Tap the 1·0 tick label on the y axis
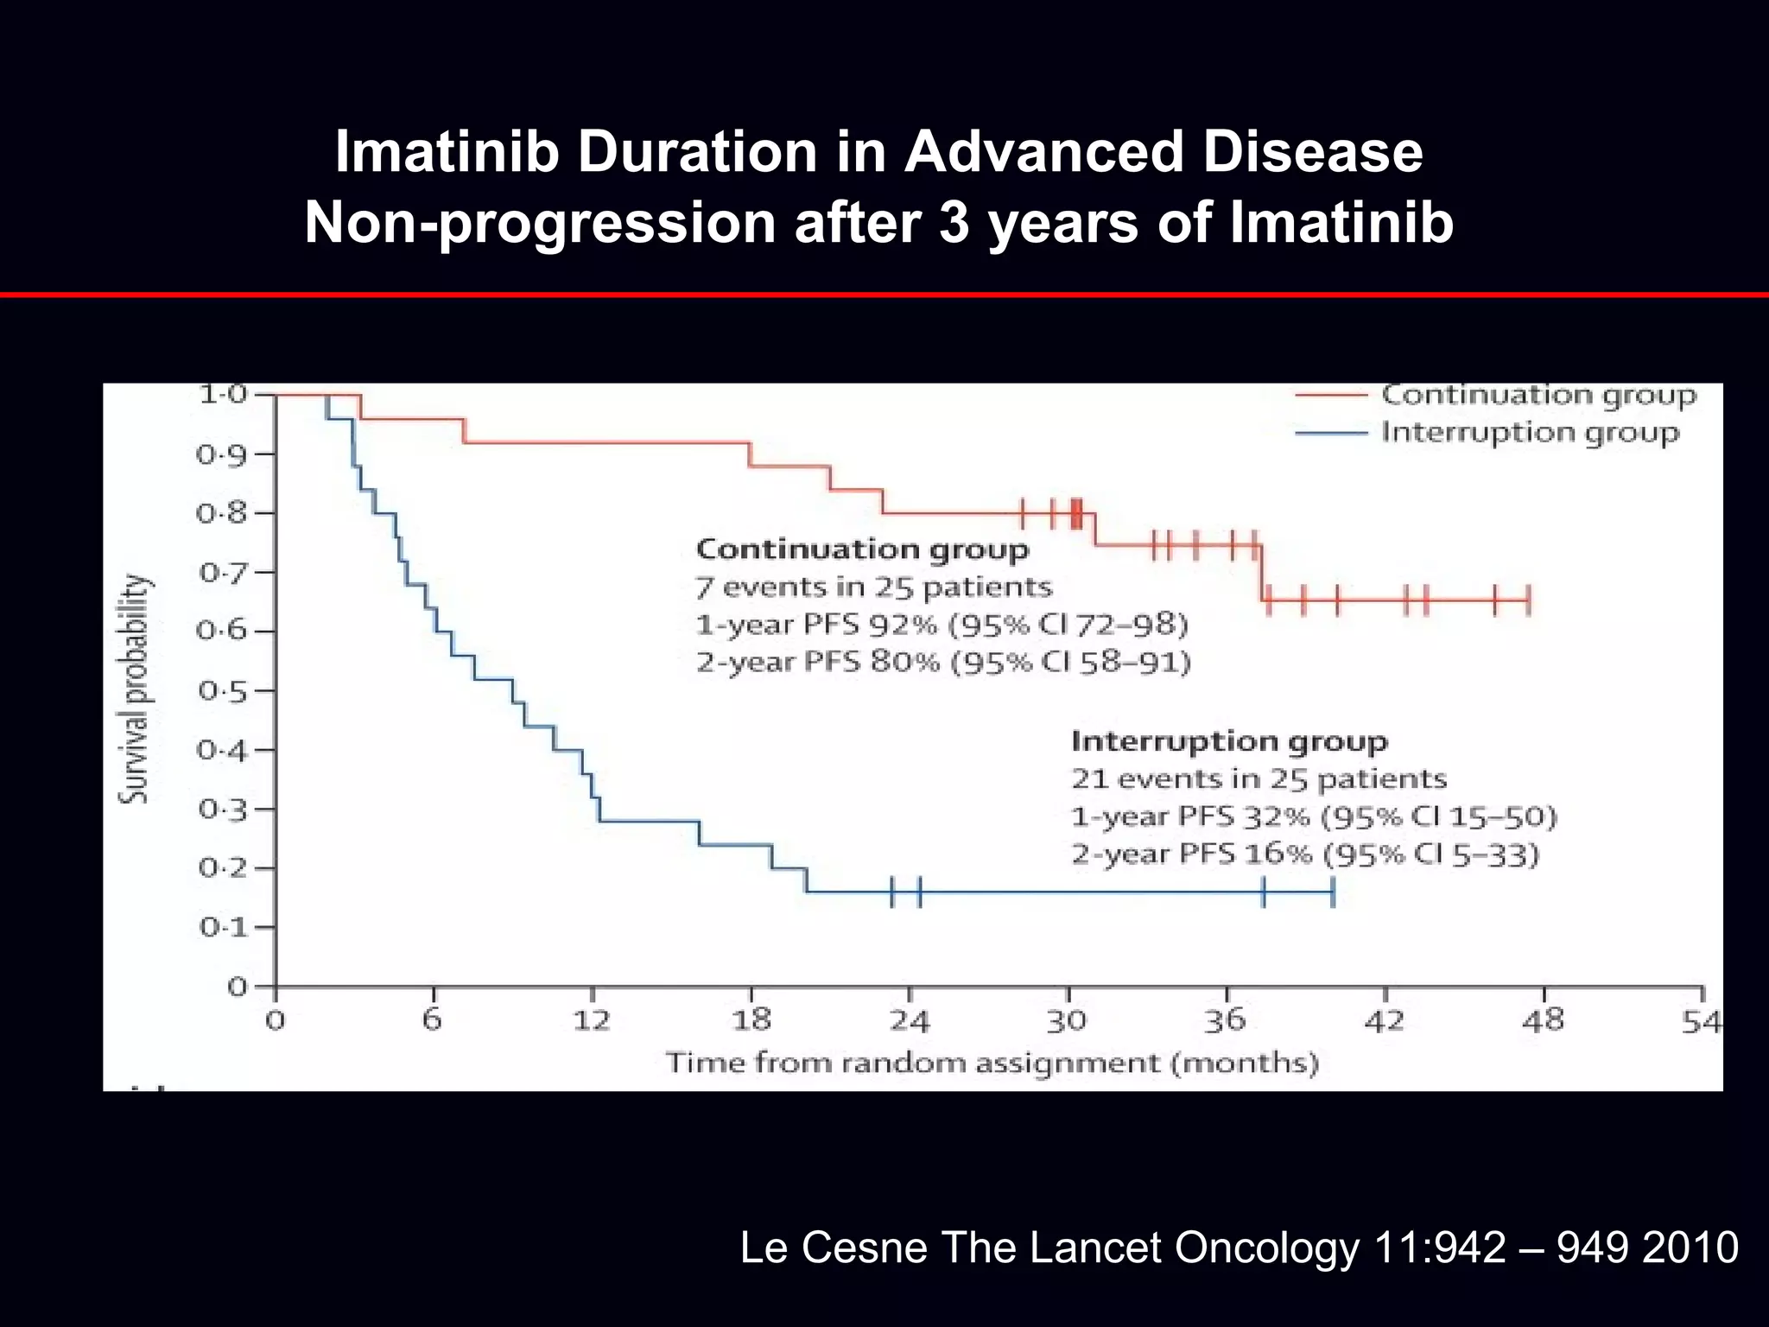coord(222,395)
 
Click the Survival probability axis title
coord(134,689)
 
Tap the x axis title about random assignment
coord(992,1063)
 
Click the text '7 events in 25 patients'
coord(874,587)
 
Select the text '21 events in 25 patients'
coord(1259,779)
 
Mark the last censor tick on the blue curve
coord(1333,892)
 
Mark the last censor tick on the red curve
coord(1528,600)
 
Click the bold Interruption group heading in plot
coord(1229,741)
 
